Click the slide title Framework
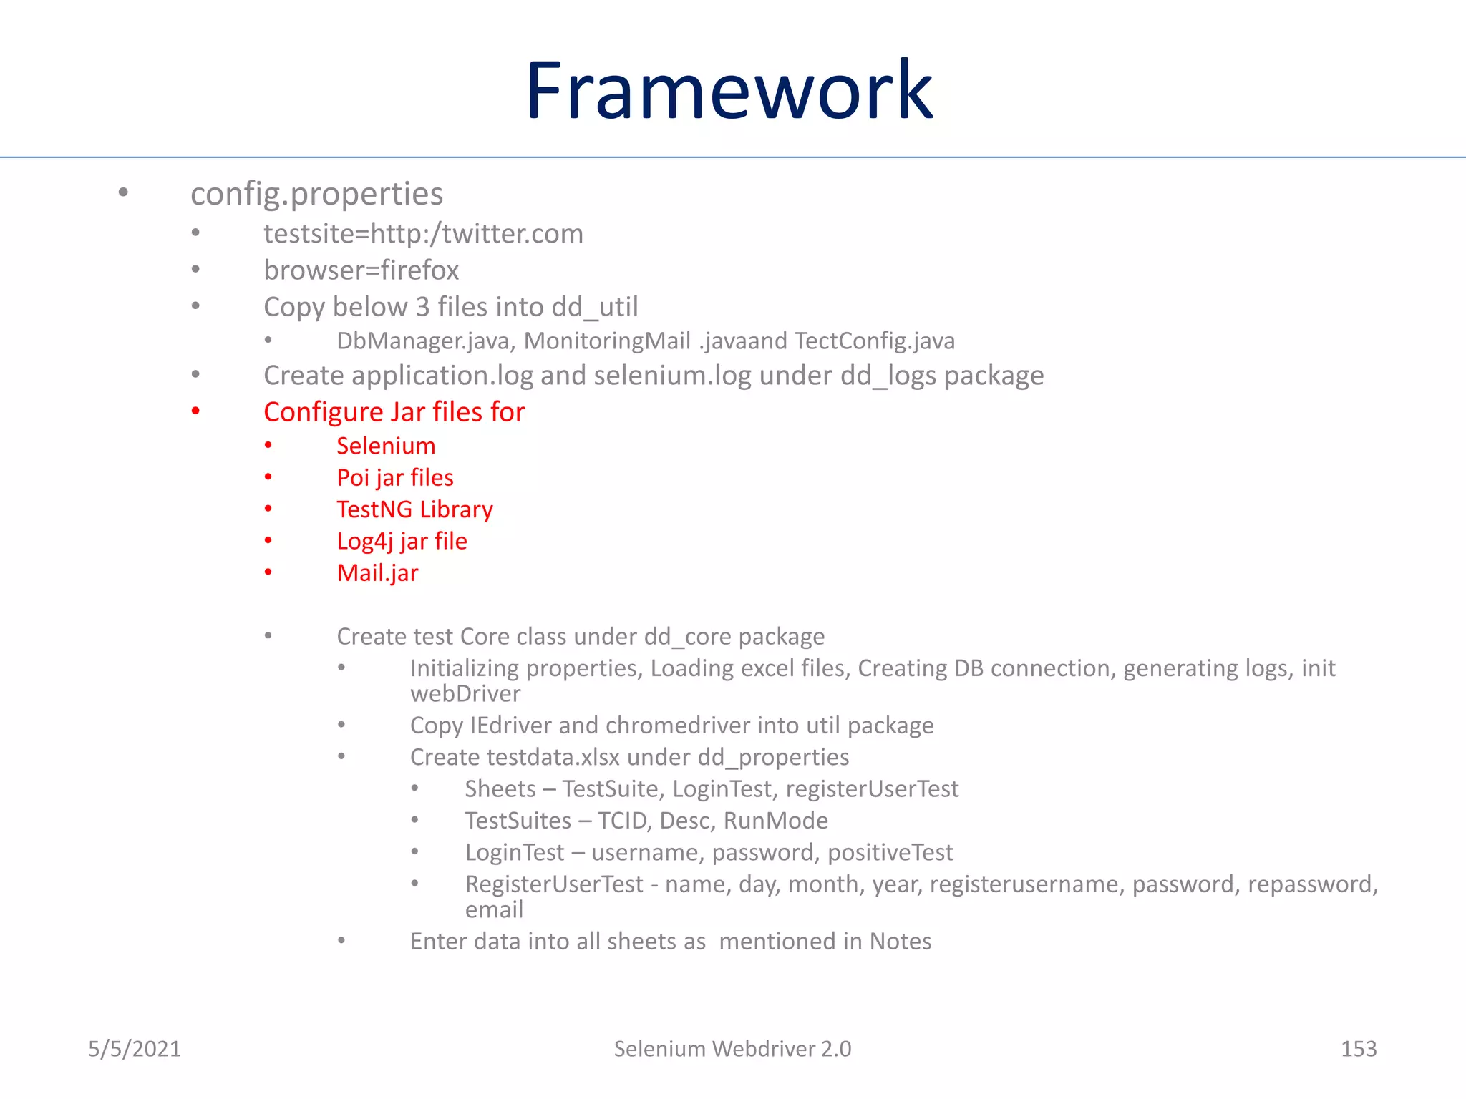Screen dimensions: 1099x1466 729,92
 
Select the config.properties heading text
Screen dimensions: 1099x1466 316,195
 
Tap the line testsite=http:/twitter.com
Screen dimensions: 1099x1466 423,234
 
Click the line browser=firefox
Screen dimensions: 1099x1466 361,270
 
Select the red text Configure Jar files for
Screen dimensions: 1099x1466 394,412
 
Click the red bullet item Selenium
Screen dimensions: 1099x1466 386,446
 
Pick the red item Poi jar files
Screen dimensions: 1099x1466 395,478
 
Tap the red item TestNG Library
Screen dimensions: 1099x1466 414,509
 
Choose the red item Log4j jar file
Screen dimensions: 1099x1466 402,542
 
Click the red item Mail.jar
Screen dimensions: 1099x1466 377,573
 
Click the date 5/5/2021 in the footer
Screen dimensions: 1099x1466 135,1049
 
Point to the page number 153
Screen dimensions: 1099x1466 1358,1049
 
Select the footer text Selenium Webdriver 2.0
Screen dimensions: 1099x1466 732,1049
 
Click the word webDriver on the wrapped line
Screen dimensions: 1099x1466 465,694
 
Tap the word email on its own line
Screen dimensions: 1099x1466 494,910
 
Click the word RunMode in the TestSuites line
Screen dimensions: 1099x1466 775,821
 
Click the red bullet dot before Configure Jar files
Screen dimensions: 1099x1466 195,411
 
